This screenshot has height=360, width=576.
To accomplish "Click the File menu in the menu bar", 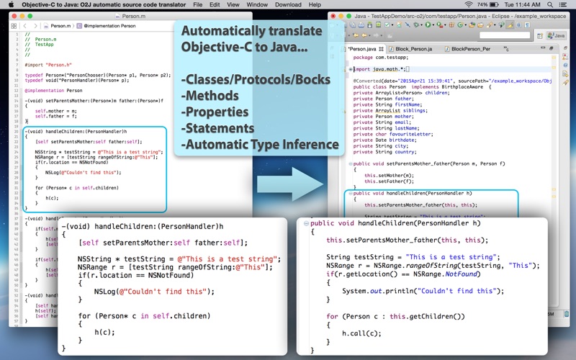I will coord(197,4).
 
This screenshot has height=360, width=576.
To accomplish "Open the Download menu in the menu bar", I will coord(288,4).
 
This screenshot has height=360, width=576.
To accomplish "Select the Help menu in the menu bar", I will coord(315,4).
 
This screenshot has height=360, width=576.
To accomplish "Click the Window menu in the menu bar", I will coord(257,4).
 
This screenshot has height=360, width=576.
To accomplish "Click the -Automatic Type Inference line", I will coord(259,145).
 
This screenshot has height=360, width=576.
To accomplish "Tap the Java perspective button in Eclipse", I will coord(555,35).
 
